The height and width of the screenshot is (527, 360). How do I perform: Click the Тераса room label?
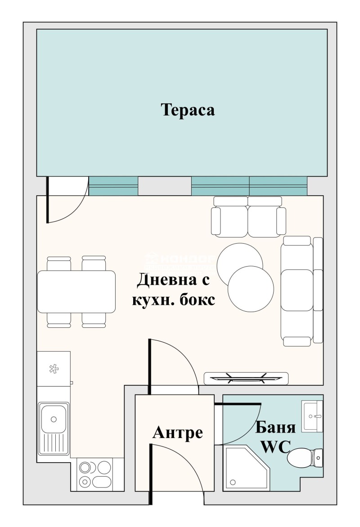(x=188, y=110)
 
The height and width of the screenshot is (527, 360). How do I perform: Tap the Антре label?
(x=178, y=433)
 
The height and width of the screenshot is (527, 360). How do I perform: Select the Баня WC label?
(x=275, y=436)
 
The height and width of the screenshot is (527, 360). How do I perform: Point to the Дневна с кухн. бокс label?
(x=173, y=290)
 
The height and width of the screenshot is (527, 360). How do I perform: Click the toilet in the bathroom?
(x=305, y=458)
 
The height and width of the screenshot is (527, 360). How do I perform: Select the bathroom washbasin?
(x=312, y=416)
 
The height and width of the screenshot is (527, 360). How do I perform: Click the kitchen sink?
(x=53, y=427)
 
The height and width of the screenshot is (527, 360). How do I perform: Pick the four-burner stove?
(x=95, y=474)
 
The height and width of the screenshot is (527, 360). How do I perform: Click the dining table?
(x=76, y=291)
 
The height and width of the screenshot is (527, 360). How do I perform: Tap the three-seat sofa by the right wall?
(x=301, y=291)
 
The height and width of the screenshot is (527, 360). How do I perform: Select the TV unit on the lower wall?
(x=246, y=379)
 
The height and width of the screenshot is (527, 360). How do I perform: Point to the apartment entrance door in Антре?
(x=175, y=468)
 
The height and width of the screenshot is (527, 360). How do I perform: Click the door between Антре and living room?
(x=173, y=364)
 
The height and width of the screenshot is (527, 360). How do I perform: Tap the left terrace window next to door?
(x=113, y=186)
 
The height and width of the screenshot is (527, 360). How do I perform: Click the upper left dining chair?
(x=59, y=263)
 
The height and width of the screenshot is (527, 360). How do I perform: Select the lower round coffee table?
(x=251, y=288)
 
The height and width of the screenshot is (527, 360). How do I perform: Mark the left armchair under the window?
(x=230, y=217)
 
